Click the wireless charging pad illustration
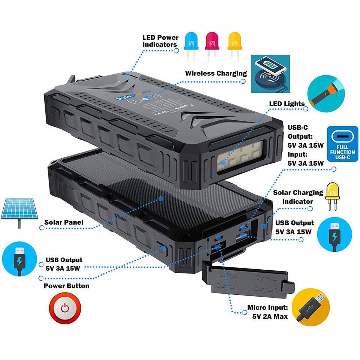pyautogui.click(x=270, y=73)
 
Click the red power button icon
pyautogui.click(x=66, y=308)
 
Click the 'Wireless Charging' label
pyautogui.click(x=216, y=73)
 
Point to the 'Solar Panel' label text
pyautogui.click(x=64, y=223)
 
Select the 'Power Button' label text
pyautogui.click(x=66, y=286)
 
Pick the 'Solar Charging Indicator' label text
pyautogui.click(x=298, y=197)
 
